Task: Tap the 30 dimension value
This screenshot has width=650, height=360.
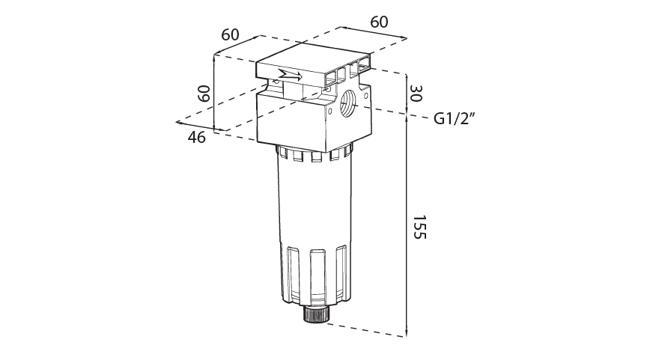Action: point(417,94)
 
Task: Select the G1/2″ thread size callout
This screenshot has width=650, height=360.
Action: point(456,118)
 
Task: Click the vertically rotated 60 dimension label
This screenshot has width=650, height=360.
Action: point(203,94)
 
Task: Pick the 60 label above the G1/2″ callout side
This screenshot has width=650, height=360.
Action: point(380,22)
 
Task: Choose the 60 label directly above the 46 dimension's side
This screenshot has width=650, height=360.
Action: point(230,35)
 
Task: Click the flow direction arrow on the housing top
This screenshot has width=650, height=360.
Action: point(290,75)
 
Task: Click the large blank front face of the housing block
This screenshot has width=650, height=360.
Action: point(292,121)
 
